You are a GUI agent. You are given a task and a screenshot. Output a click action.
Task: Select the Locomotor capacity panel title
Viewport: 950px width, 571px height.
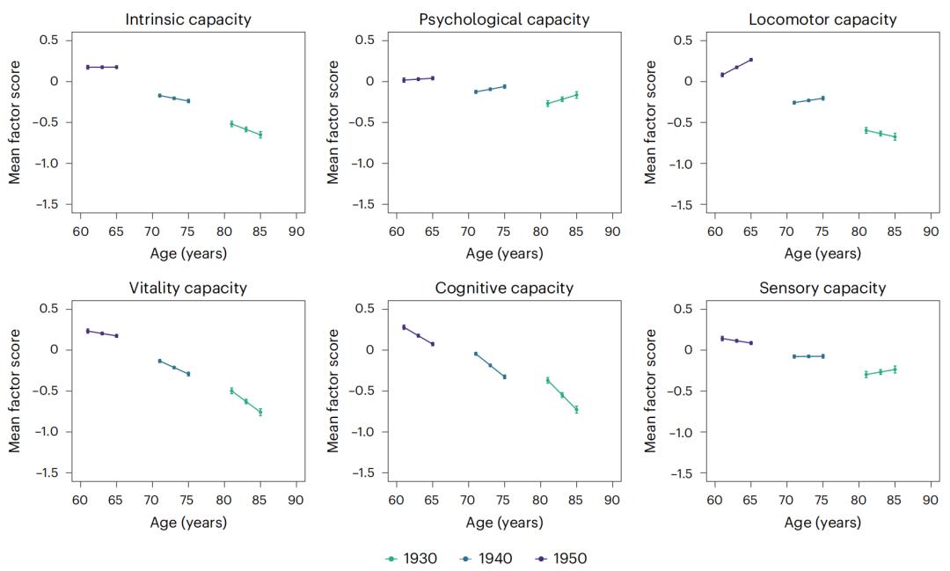click(x=822, y=18)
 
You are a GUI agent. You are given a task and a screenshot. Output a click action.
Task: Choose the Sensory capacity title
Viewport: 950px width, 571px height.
click(x=822, y=288)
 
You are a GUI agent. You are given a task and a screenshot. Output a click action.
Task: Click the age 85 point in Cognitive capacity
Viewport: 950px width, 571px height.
click(x=576, y=409)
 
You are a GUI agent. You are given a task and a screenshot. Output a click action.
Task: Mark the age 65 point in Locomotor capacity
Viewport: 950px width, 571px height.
click(x=750, y=60)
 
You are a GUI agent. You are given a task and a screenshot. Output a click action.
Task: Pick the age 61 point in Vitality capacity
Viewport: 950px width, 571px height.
click(x=88, y=331)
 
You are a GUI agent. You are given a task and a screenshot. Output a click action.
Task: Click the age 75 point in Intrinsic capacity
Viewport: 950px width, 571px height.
click(x=188, y=101)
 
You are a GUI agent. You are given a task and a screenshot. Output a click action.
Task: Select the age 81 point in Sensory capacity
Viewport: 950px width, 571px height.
click(x=866, y=374)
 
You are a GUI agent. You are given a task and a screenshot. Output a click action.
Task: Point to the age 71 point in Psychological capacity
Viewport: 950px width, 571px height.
click(x=476, y=92)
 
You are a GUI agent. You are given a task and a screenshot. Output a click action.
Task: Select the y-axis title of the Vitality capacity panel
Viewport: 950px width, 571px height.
click(x=15, y=391)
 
